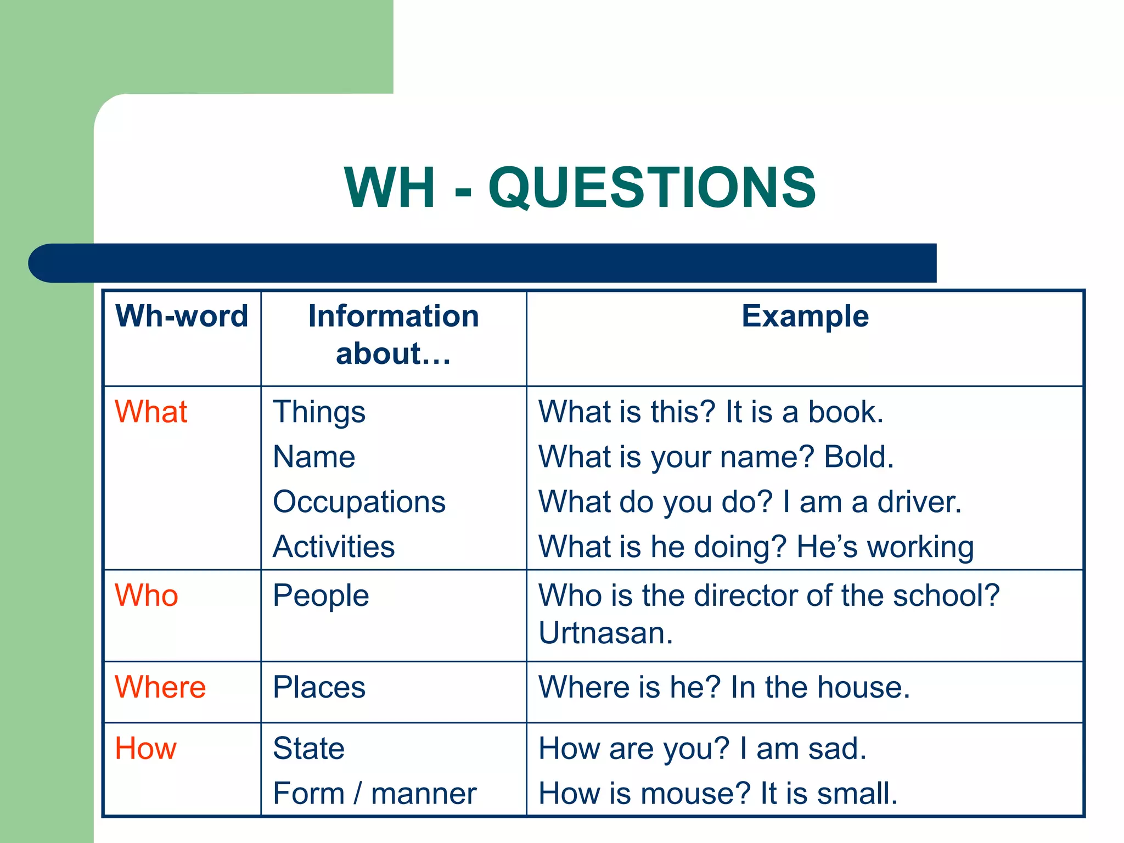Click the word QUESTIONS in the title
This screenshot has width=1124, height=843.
pos(652,188)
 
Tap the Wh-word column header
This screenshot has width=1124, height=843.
pos(182,316)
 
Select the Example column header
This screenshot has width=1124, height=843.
pos(805,316)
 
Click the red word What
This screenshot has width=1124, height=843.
pos(151,412)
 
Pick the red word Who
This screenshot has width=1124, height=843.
pos(147,595)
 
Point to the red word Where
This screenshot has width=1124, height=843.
pos(160,687)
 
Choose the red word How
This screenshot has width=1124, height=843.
pos(145,749)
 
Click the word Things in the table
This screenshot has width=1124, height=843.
pos(319,413)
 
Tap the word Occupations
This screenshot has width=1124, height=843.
pos(359,502)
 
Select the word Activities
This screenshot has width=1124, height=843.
pos(334,547)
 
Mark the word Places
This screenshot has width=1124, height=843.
pos(319,687)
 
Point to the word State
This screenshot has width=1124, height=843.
pos(308,749)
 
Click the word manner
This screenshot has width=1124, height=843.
pos(424,794)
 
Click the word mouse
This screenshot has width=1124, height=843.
pos(693,794)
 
